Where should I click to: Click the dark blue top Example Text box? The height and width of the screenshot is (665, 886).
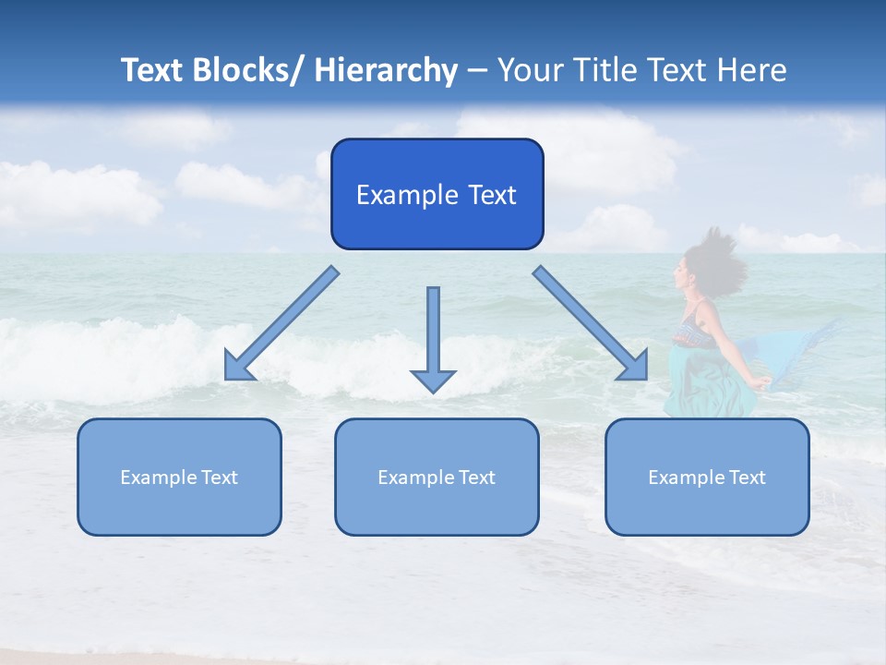click(437, 194)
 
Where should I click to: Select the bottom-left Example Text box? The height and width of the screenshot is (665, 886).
click(179, 477)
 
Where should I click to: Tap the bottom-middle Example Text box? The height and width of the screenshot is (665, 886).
click(437, 477)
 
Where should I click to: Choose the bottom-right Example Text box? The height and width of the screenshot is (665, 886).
click(707, 477)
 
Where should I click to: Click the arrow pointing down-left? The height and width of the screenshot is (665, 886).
click(286, 320)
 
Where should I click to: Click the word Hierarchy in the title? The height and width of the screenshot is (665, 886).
click(385, 70)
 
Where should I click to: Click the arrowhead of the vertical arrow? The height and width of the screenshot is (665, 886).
click(433, 380)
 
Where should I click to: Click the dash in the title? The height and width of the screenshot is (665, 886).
click(476, 70)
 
